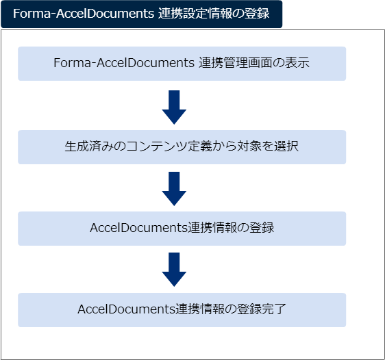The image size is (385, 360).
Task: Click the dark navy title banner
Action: click(141, 14)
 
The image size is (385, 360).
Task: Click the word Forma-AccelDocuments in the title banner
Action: click(84, 14)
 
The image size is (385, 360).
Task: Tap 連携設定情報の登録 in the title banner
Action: click(214, 14)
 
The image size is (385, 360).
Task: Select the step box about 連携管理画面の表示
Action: click(182, 64)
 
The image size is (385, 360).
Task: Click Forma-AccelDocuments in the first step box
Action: click(124, 63)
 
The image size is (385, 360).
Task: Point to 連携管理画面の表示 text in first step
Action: click(254, 63)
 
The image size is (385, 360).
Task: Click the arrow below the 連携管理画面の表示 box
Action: click(174, 107)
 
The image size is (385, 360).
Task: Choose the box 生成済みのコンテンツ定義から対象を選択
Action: click(182, 147)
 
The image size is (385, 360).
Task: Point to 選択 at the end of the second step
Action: click(286, 146)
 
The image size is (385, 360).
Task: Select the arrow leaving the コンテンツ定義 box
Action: click(174, 189)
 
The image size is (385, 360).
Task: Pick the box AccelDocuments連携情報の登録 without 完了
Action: click(182, 229)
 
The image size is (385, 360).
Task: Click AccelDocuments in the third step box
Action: click(139, 228)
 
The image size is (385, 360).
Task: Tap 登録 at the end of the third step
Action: click(262, 228)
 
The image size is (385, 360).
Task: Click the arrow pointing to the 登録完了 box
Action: click(174, 270)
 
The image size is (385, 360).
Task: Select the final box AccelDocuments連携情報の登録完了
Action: click(182, 310)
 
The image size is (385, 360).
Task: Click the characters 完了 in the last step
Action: click(274, 309)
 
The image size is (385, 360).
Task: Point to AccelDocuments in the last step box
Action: click(127, 309)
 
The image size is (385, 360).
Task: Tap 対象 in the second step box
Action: click(249, 146)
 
